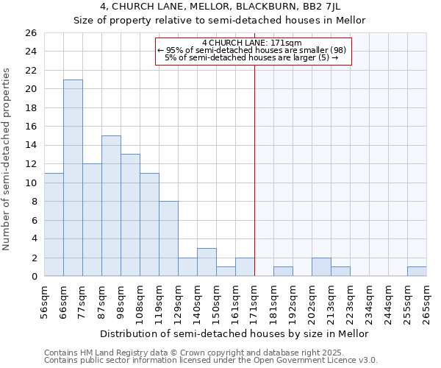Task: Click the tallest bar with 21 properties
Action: [x=73, y=177]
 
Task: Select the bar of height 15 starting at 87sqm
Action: [x=111, y=205]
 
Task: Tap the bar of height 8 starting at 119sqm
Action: [x=168, y=238]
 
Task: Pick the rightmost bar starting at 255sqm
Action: [x=417, y=271]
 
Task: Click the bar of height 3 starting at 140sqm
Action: [x=207, y=262]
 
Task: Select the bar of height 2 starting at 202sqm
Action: [x=321, y=266]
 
